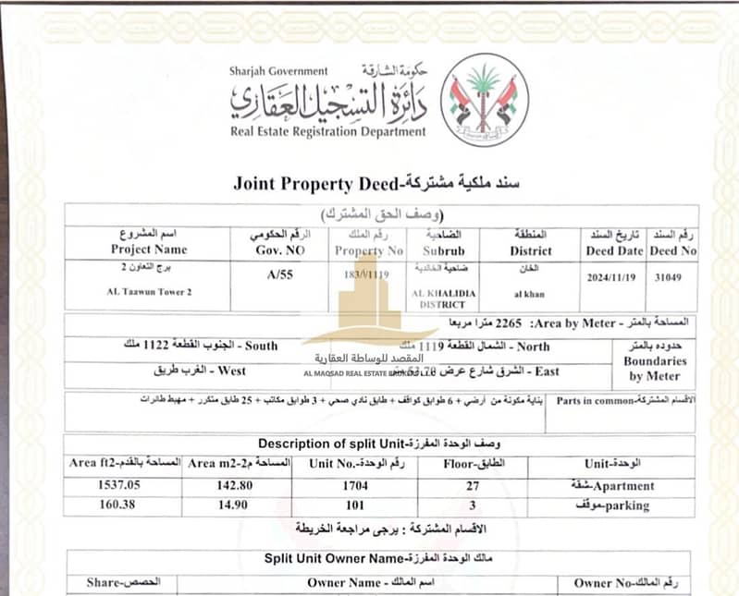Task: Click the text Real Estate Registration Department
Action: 328,131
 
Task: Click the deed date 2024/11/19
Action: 613,276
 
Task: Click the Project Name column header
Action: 149,249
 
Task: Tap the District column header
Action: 531,250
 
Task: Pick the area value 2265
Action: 510,325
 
